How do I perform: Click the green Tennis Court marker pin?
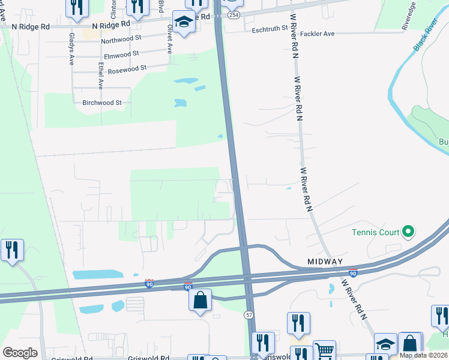click(408, 230)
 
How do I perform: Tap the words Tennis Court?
click(376, 232)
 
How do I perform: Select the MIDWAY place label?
click(325, 262)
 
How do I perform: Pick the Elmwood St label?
click(122, 55)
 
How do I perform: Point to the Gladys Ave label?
click(71, 48)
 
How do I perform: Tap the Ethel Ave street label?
click(100, 76)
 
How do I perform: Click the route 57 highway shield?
click(249, 314)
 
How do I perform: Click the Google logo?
click(20, 353)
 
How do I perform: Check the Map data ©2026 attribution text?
click(423, 355)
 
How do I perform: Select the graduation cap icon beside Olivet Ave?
click(184, 22)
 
